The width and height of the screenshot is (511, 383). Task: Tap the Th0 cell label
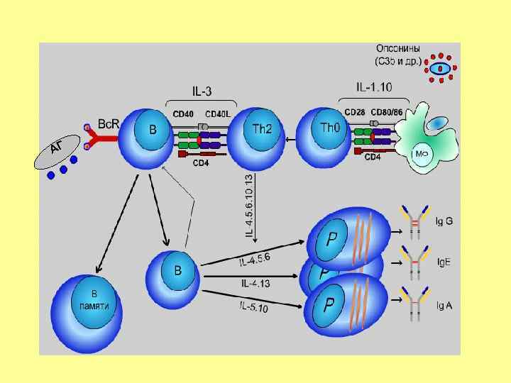click(331, 128)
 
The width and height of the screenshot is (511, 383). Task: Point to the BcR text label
click(109, 123)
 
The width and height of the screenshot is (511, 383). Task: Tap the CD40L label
click(218, 113)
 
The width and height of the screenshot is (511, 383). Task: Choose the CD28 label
click(355, 111)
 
